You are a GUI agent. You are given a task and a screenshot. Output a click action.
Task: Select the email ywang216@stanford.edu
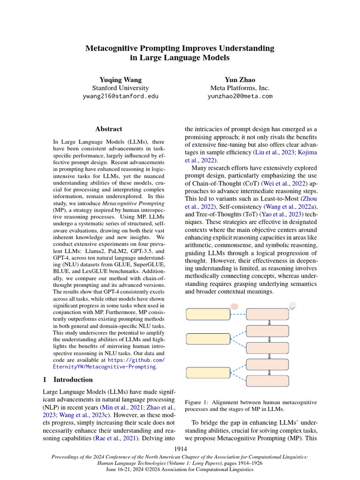tap(120, 96)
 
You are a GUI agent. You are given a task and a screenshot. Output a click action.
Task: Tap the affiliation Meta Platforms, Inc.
tap(240, 88)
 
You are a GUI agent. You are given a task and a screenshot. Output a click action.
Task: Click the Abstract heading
tap(109, 129)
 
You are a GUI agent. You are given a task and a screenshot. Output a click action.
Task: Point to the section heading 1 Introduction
tap(68, 379)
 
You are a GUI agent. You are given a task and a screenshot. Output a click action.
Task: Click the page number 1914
tap(180, 449)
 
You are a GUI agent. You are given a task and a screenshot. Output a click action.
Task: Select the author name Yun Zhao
tap(240, 80)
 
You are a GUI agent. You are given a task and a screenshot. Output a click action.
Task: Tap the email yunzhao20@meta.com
tap(240, 96)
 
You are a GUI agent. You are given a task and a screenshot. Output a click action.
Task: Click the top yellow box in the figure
tap(206, 314)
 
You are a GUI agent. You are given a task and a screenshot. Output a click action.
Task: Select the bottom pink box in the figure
tap(268, 382)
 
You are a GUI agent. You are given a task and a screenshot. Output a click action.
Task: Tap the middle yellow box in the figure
tap(206, 338)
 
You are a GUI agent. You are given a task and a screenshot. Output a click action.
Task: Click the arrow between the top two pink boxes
tap(269, 322)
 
